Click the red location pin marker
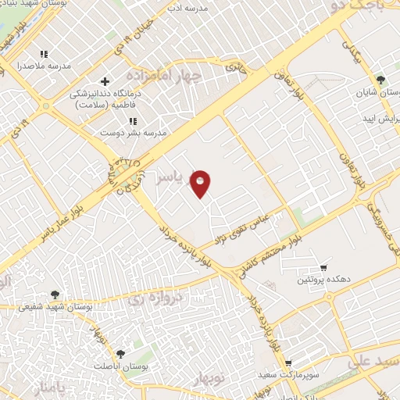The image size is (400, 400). click(201, 183)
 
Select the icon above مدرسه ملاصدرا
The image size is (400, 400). click(45, 54)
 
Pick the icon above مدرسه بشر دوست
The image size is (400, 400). click(134, 121)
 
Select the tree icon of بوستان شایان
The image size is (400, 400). click(380, 80)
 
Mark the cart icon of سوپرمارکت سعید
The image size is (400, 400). click(288, 363)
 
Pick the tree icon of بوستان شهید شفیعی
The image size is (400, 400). click(55, 295)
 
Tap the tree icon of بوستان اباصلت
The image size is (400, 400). click(120, 354)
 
